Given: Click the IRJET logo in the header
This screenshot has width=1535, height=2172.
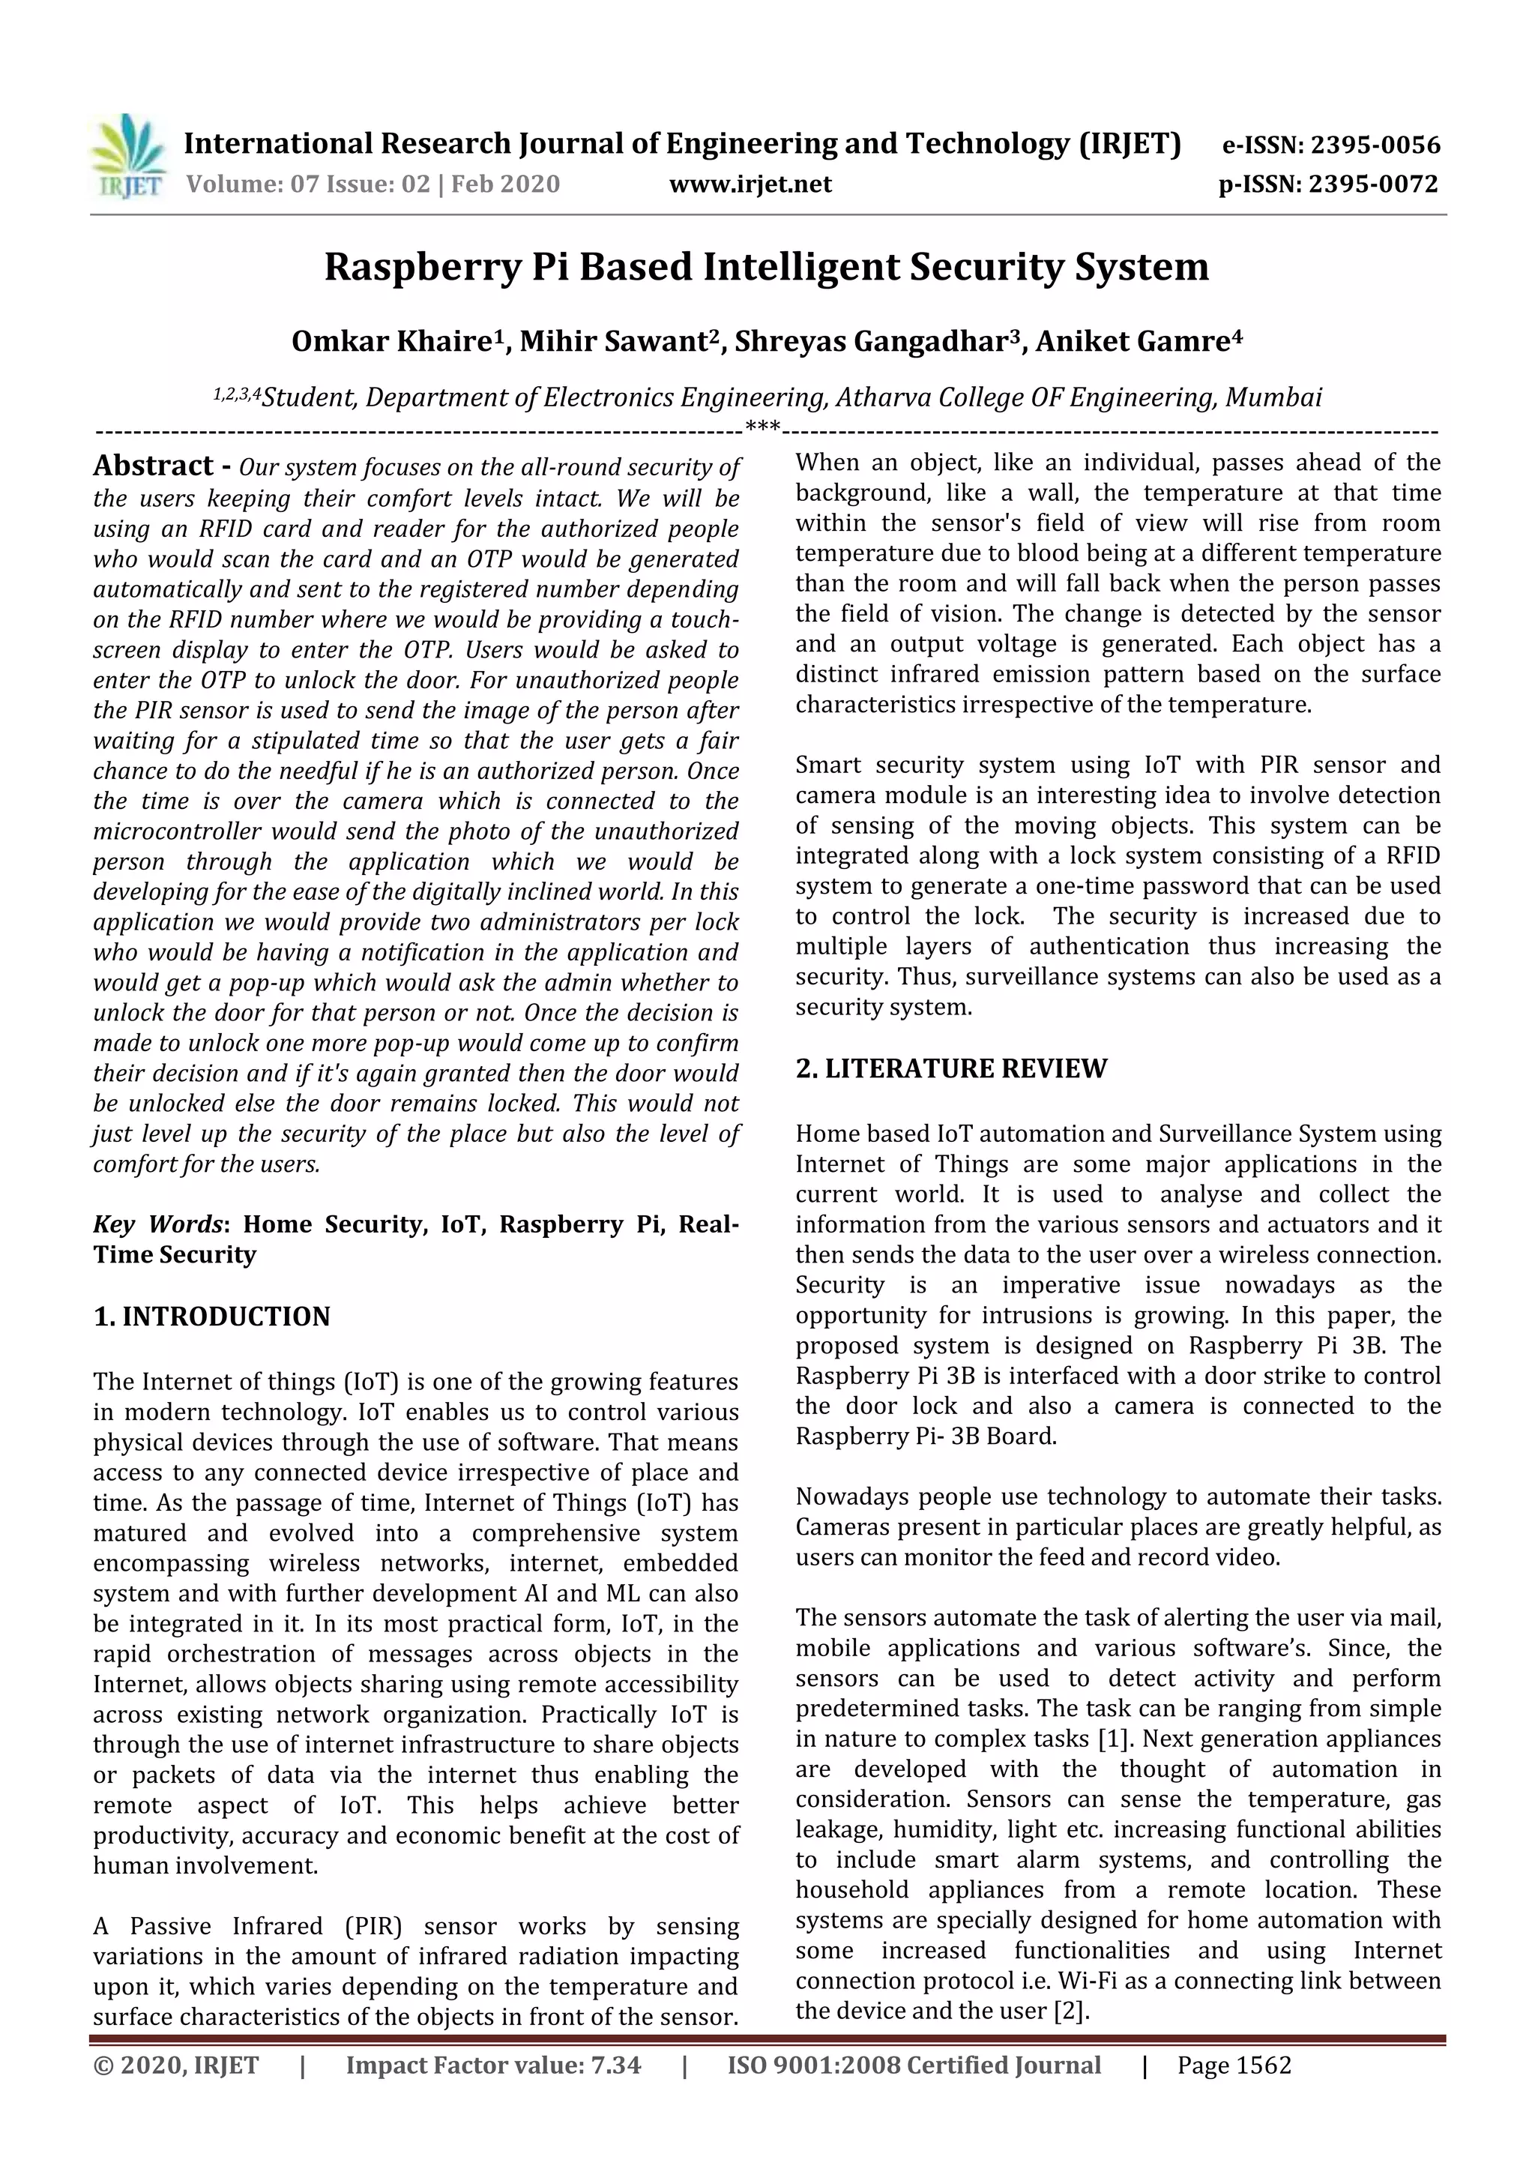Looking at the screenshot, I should click(127, 157).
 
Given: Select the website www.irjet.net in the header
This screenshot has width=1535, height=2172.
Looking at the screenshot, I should click(750, 184).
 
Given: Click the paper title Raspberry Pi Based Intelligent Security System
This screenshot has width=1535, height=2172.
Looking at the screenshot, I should click(766, 268).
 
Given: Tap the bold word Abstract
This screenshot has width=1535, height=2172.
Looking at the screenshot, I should click(153, 466).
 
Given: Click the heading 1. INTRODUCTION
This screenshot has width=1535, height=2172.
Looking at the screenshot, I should click(212, 1317).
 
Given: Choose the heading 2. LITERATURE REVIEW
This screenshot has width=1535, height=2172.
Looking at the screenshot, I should click(950, 1069).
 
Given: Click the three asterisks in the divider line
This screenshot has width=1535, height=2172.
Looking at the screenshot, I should click(762, 427).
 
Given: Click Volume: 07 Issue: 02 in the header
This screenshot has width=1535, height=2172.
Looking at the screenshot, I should click(307, 184).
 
